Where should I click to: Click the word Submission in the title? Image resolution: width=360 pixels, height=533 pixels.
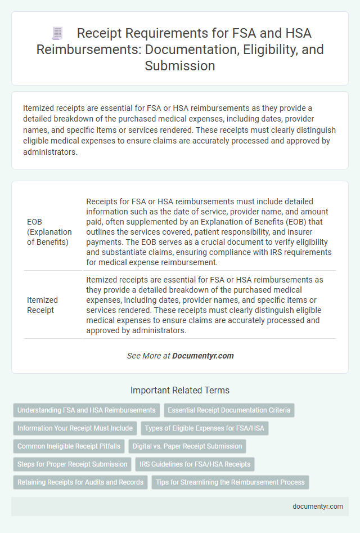[179, 65]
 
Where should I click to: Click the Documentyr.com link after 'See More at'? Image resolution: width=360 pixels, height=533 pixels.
[203, 356]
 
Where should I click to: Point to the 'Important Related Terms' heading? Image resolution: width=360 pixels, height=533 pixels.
[179, 390]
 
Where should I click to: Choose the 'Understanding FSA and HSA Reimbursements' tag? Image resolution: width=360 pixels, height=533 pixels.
[87, 410]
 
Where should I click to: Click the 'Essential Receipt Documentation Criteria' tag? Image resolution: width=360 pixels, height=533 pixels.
[229, 410]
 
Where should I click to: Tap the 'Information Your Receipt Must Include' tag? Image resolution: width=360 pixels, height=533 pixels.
[75, 428]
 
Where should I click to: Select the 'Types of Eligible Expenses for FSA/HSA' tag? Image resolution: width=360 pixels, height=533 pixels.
[205, 428]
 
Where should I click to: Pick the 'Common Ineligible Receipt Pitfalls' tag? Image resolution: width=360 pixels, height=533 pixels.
[69, 446]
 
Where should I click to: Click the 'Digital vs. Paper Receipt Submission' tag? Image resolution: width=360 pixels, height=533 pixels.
[187, 446]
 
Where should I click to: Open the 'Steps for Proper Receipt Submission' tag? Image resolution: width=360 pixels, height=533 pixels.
[72, 464]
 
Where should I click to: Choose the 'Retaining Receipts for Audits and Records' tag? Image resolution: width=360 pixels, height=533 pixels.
[80, 482]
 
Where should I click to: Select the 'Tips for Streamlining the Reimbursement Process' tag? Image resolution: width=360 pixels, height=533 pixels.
[230, 482]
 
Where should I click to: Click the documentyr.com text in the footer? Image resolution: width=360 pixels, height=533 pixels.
[318, 506]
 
